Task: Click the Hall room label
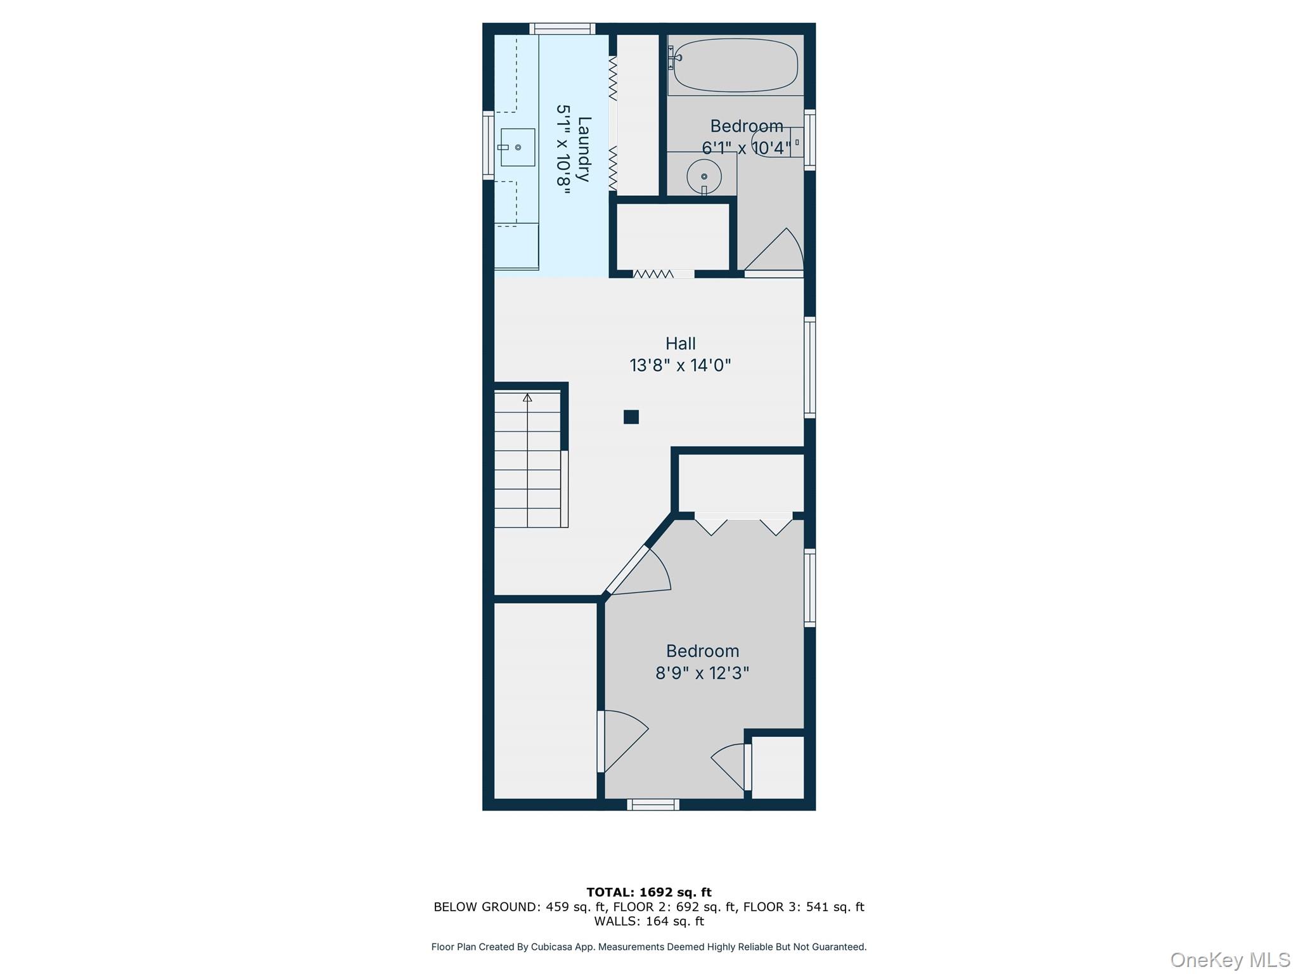click(680, 344)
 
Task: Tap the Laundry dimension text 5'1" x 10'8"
click(563, 150)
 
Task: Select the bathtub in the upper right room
click(735, 65)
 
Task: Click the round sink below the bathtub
click(704, 176)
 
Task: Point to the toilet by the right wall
click(776, 142)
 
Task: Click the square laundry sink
click(518, 147)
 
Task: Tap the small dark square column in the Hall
click(631, 417)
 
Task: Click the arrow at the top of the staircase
click(527, 398)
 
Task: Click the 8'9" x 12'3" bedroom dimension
click(702, 673)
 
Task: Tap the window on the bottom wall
click(653, 805)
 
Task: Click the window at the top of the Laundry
click(562, 29)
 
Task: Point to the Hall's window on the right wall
click(809, 367)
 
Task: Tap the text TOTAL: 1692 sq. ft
click(648, 892)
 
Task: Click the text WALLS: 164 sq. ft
click(648, 921)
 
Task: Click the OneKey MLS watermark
click(1230, 960)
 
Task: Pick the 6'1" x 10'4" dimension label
click(746, 148)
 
